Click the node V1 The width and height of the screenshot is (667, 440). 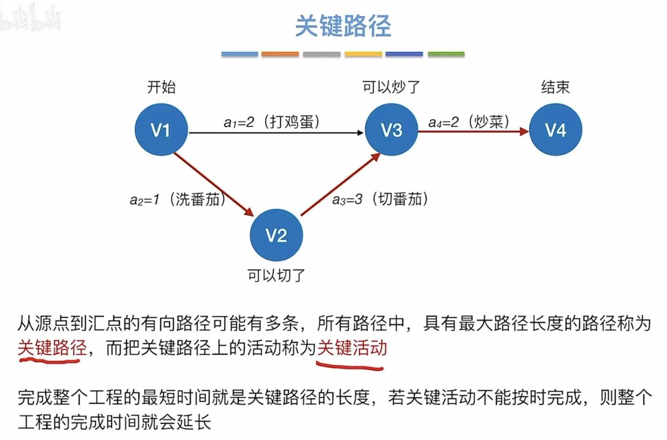161,130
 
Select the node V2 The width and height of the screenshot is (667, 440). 276,235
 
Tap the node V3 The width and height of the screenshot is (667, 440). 391,130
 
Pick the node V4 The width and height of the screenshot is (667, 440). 555,130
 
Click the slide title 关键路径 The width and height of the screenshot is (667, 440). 343,26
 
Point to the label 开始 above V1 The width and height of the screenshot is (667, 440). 161,87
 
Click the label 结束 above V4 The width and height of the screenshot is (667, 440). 555,87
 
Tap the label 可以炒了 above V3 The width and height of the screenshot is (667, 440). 391,87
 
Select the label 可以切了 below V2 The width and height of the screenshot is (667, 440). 276,276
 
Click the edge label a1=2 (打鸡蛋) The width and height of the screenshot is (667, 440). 272,122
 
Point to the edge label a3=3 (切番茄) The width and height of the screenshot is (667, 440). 380,199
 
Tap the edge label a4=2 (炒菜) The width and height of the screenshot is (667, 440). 469,122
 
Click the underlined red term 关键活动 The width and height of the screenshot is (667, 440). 352,348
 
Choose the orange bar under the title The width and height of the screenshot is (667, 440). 280,54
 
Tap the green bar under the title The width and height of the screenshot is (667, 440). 446,54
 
